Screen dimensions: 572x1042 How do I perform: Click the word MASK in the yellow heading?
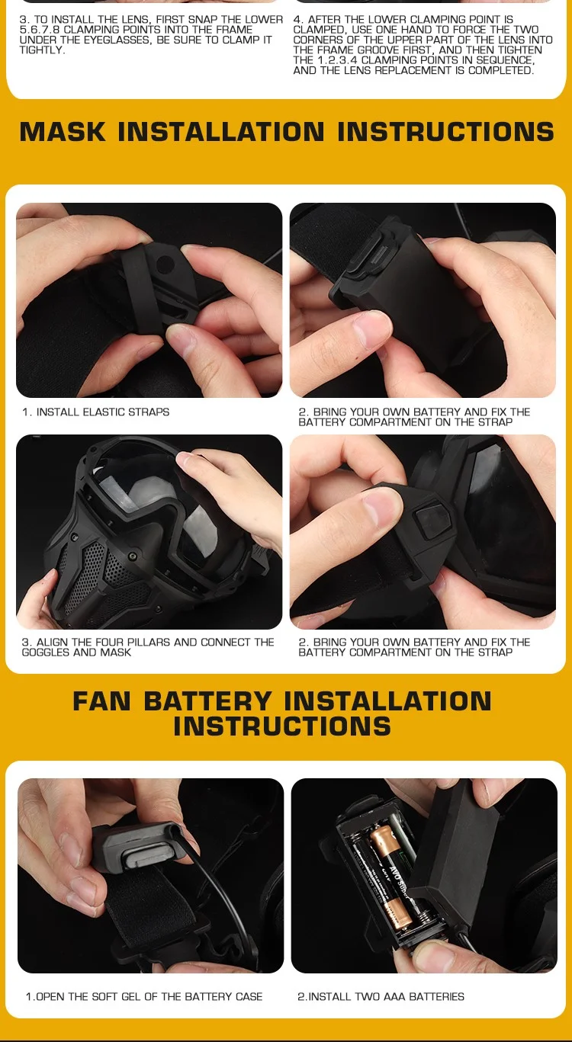(x=63, y=132)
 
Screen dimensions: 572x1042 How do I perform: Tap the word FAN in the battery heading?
(x=101, y=701)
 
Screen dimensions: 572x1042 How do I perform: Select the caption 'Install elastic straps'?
(x=95, y=412)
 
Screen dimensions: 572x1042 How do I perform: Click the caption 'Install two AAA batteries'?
(x=381, y=996)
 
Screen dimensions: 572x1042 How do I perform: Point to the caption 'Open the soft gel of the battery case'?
(x=144, y=996)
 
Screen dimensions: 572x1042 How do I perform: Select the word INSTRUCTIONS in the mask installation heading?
(x=445, y=132)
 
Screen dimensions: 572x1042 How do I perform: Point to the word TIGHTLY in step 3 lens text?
(x=42, y=50)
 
